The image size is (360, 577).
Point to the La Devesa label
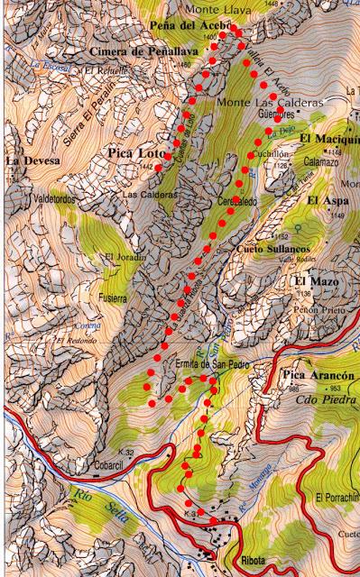33,160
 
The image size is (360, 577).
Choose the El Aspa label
327,199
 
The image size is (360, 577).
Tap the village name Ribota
256,561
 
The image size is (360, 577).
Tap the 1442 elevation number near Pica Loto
147,167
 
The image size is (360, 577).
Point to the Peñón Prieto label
314,308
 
